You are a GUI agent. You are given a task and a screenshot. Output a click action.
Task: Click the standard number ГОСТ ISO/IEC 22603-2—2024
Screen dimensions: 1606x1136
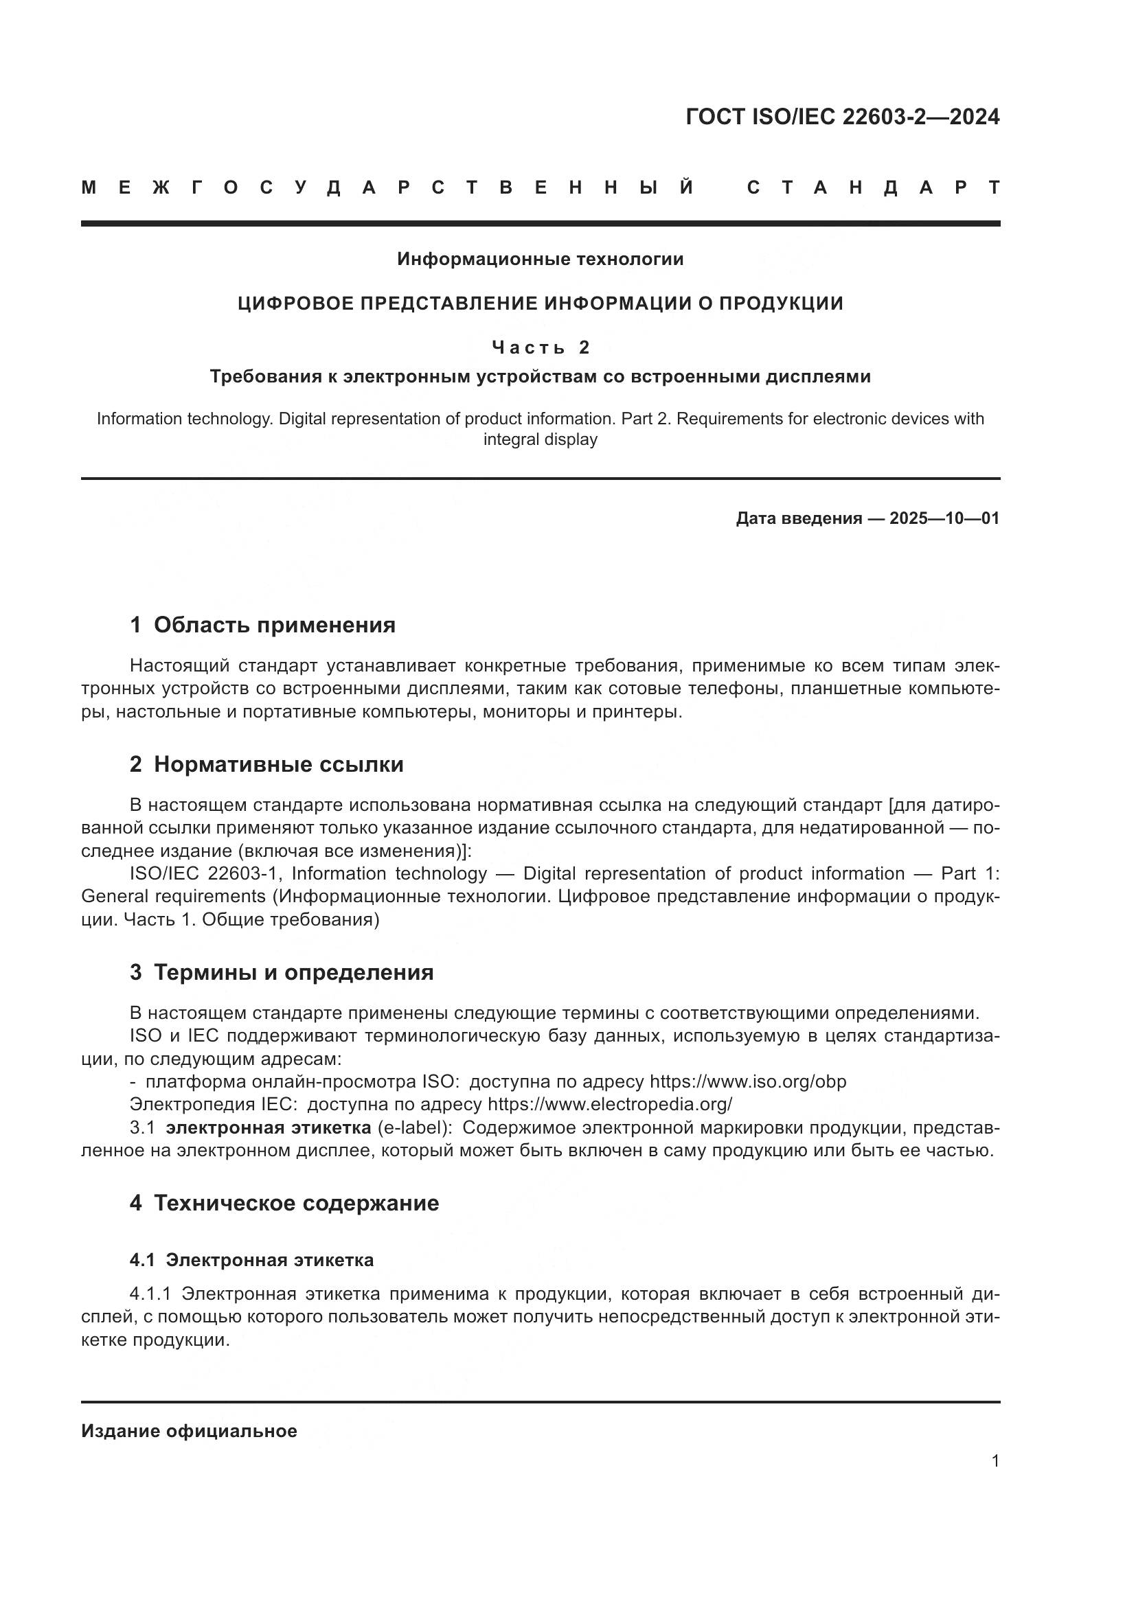[x=842, y=117]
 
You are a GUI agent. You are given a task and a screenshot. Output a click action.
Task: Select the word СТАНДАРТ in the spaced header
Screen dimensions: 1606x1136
[x=873, y=187]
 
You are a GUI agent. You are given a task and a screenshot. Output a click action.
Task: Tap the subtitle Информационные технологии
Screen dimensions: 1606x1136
[x=540, y=260]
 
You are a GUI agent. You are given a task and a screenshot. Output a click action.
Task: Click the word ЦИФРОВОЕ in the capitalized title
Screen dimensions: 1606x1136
[x=293, y=303]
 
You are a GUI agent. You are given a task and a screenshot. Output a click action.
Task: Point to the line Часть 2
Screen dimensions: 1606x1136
[x=540, y=347]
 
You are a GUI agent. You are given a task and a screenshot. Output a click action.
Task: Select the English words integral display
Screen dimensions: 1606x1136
[x=540, y=440]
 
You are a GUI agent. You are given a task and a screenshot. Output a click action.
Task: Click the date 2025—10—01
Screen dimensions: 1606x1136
[x=944, y=518]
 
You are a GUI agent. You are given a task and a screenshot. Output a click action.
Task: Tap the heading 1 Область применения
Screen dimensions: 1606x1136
[x=262, y=625]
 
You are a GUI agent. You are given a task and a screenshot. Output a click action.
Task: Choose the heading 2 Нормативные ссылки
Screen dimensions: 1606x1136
[x=266, y=764]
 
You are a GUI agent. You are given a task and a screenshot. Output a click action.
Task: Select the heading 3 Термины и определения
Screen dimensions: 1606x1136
[x=281, y=972]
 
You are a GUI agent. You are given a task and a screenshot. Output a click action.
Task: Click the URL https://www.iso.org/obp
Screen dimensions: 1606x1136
[x=748, y=1081]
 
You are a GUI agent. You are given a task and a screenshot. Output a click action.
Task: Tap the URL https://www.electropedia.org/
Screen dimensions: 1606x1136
[x=609, y=1105]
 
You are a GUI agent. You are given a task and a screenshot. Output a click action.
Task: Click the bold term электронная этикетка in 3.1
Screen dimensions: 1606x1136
[x=268, y=1127]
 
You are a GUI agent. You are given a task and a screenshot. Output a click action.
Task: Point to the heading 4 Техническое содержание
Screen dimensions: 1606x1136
[x=284, y=1203]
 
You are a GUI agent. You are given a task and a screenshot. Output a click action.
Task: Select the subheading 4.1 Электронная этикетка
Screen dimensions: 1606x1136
[x=251, y=1260]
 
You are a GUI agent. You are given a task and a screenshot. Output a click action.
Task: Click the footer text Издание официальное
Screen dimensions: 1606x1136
[x=189, y=1431]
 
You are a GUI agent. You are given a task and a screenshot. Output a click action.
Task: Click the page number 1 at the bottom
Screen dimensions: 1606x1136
[x=995, y=1461]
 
